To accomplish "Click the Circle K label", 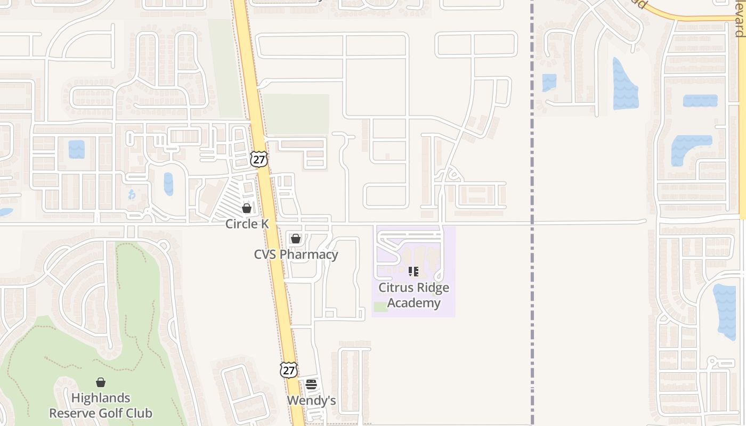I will pyautogui.click(x=247, y=224).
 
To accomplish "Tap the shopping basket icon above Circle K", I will pyautogui.click(x=247, y=208).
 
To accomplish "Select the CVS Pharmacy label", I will pyautogui.click(x=296, y=255).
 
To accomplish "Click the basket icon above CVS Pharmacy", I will pyautogui.click(x=296, y=239).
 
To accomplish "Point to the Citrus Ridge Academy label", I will pyautogui.click(x=413, y=295).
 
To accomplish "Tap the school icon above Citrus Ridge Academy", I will pyautogui.click(x=413, y=272).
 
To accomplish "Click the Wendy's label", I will pyautogui.click(x=311, y=400).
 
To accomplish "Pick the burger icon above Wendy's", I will pyautogui.click(x=311, y=384).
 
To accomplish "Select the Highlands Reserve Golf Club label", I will pyautogui.click(x=101, y=405).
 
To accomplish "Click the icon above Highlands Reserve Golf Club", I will pyautogui.click(x=101, y=382).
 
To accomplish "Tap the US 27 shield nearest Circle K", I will pyautogui.click(x=259, y=159).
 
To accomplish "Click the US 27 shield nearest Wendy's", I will pyautogui.click(x=288, y=370).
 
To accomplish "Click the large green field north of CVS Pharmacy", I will pyautogui.click(x=297, y=114).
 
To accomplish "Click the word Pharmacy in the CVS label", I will pyautogui.click(x=310, y=255).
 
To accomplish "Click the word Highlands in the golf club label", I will pyautogui.click(x=101, y=398).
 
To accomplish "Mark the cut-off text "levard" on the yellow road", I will pyautogui.click(x=740, y=19).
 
